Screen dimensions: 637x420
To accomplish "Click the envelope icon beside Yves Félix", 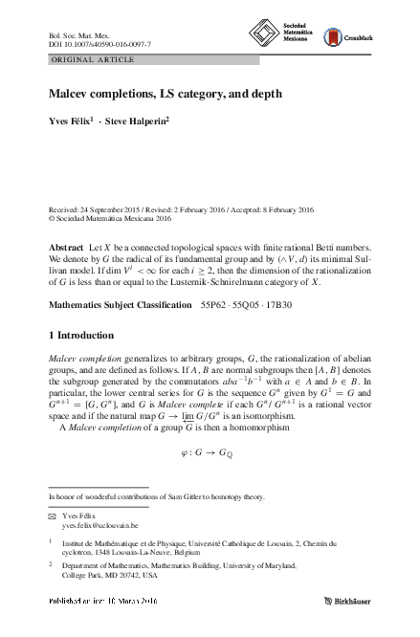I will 53,515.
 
